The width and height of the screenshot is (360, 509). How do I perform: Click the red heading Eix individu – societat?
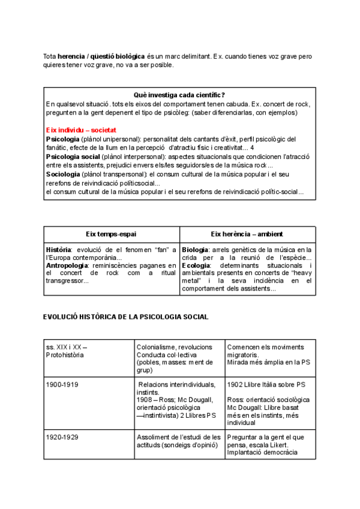point(81,130)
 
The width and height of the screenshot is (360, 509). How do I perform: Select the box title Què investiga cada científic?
point(179,95)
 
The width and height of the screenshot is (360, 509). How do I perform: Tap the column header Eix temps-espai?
point(112,234)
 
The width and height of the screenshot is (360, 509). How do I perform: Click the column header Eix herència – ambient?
point(247,234)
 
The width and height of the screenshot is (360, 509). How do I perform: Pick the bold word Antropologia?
point(68,265)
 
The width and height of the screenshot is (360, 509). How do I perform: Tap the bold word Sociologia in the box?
point(65,174)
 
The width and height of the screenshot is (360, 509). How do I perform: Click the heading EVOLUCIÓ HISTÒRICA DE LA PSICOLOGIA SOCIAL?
point(125,317)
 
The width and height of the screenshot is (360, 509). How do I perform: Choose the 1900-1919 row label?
point(62,384)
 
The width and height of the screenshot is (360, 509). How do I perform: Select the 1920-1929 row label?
point(62,437)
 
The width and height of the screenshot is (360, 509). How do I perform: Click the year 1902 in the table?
point(235,384)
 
